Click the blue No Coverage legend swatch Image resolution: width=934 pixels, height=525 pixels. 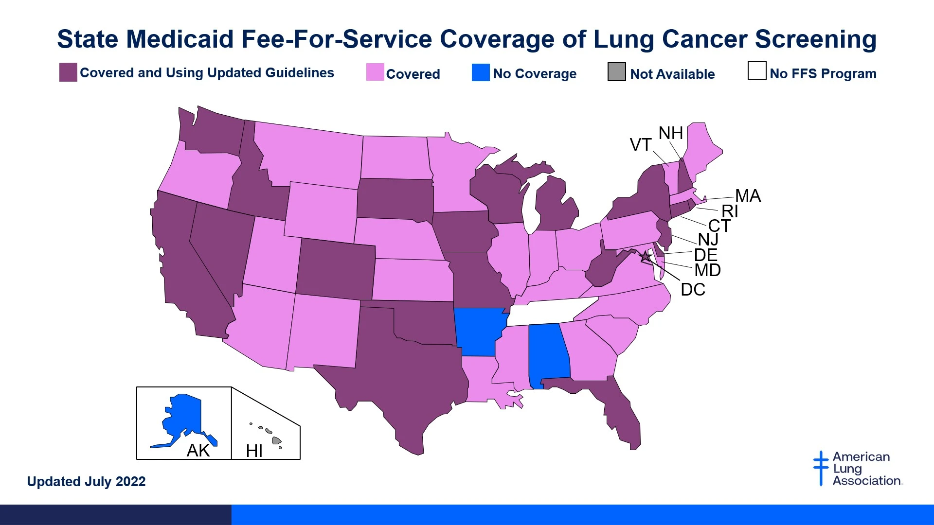481,72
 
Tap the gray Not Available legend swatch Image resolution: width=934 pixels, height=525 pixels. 616,72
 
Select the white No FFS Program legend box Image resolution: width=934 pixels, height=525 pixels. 756,70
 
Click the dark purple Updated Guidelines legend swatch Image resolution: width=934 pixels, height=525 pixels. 68,72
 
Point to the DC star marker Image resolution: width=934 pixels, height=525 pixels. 646,256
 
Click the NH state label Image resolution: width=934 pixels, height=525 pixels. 670,133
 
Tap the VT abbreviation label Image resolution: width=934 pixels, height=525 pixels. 640,145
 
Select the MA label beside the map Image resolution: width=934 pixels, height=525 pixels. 748,196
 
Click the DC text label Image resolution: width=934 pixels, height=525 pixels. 693,290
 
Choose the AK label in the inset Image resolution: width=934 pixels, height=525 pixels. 198,451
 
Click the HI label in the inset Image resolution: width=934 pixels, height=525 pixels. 254,451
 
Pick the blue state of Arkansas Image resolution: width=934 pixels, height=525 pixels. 479,331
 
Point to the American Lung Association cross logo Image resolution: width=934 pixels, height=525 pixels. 821,468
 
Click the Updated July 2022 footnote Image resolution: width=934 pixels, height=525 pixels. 86,482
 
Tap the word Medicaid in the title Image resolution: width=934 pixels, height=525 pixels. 180,39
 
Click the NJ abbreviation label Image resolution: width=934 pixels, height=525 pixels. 708,240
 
